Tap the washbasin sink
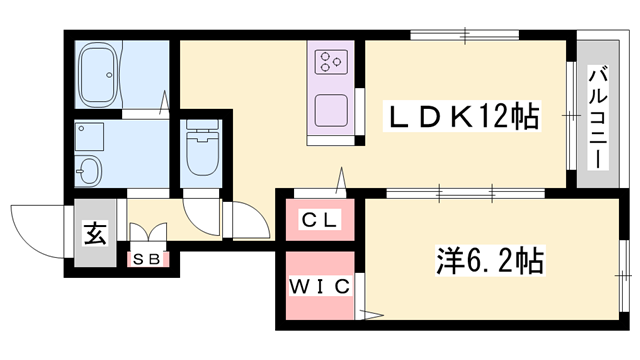[x=89, y=169]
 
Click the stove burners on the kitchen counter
[x=330, y=62]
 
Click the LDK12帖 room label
[x=464, y=119]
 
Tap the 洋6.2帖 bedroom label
[x=489, y=261]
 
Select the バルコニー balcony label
[x=597, y=117]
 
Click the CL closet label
[x=317, y=219]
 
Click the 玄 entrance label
[x=94, y=235]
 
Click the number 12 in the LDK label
[x=501, y=119]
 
